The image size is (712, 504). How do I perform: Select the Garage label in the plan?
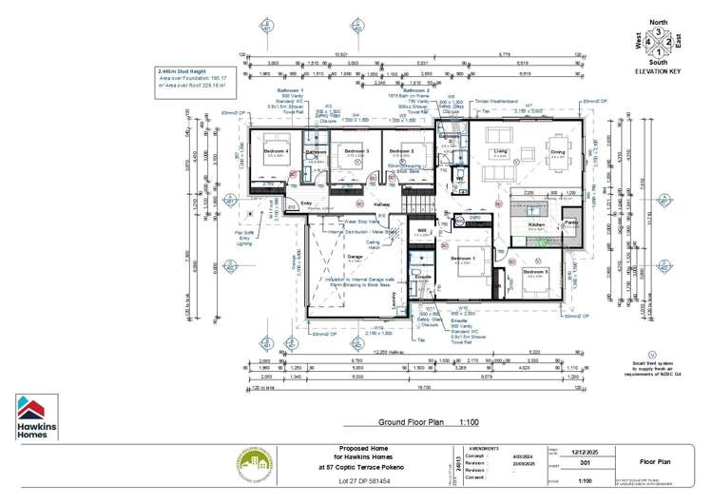[355, 257]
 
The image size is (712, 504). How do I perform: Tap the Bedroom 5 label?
[535, 272]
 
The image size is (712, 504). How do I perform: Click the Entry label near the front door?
[306, 203]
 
